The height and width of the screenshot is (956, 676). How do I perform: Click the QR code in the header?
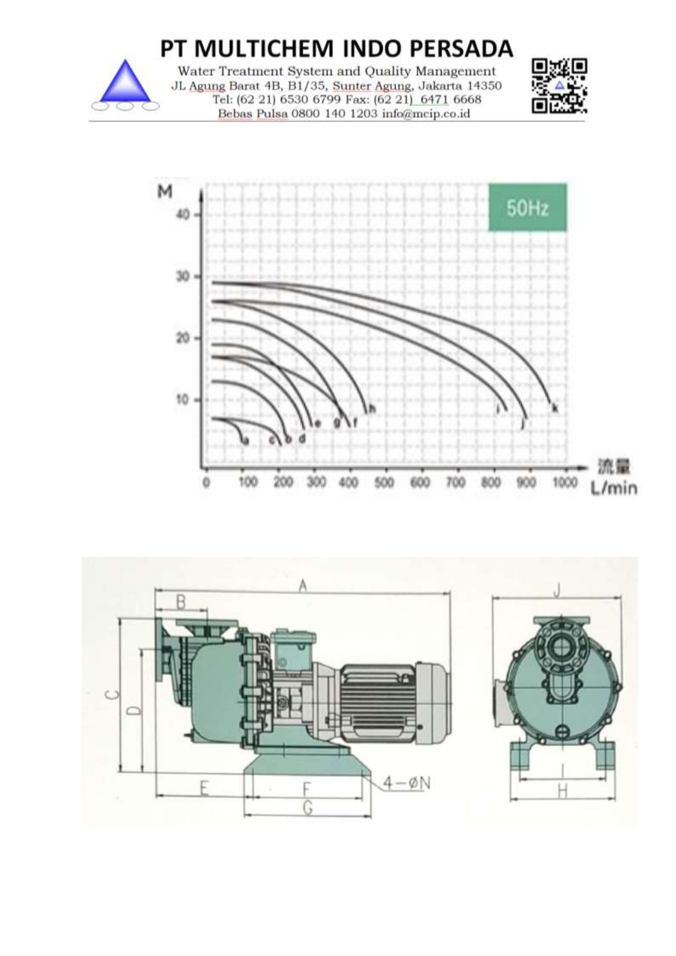[559, 86]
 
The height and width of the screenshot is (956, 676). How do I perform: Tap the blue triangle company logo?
[126, 82]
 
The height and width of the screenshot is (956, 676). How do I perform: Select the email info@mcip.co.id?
[425, 114]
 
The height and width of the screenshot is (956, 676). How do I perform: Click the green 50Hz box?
[527, 208]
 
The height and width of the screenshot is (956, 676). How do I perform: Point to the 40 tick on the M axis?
[183, 215]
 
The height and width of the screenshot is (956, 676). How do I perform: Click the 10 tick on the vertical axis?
[182, 400]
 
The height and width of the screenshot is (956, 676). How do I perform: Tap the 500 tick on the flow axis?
[384, 482]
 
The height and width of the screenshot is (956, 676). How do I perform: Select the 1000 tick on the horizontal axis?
[564, 482]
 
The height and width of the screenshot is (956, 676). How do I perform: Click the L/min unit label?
[613, 488]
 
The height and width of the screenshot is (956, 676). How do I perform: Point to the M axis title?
[165, 192]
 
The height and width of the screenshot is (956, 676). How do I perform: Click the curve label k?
[555, 408]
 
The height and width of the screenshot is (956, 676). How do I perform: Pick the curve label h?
[372, 409]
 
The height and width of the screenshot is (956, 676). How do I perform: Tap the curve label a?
[246, 440]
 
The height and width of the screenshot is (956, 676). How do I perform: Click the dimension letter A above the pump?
[303, 586]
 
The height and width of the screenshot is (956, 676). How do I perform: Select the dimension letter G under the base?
[308, 808]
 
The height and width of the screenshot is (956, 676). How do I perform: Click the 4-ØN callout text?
[406, 783]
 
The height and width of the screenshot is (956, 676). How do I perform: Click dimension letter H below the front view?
[563, 791]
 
